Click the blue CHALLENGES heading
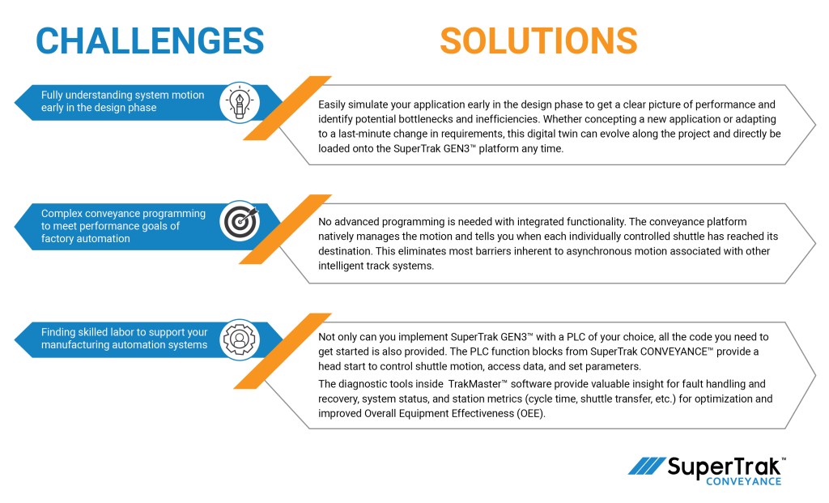coord(151,40)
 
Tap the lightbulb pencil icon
coord(239,101)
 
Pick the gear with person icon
coord(239,339)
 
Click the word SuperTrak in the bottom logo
coord(725,467)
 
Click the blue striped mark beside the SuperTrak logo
coord(647,467)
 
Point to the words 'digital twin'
coord(559,134)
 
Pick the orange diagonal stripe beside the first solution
coord(287,108)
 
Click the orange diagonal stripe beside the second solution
coord(287,228)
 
